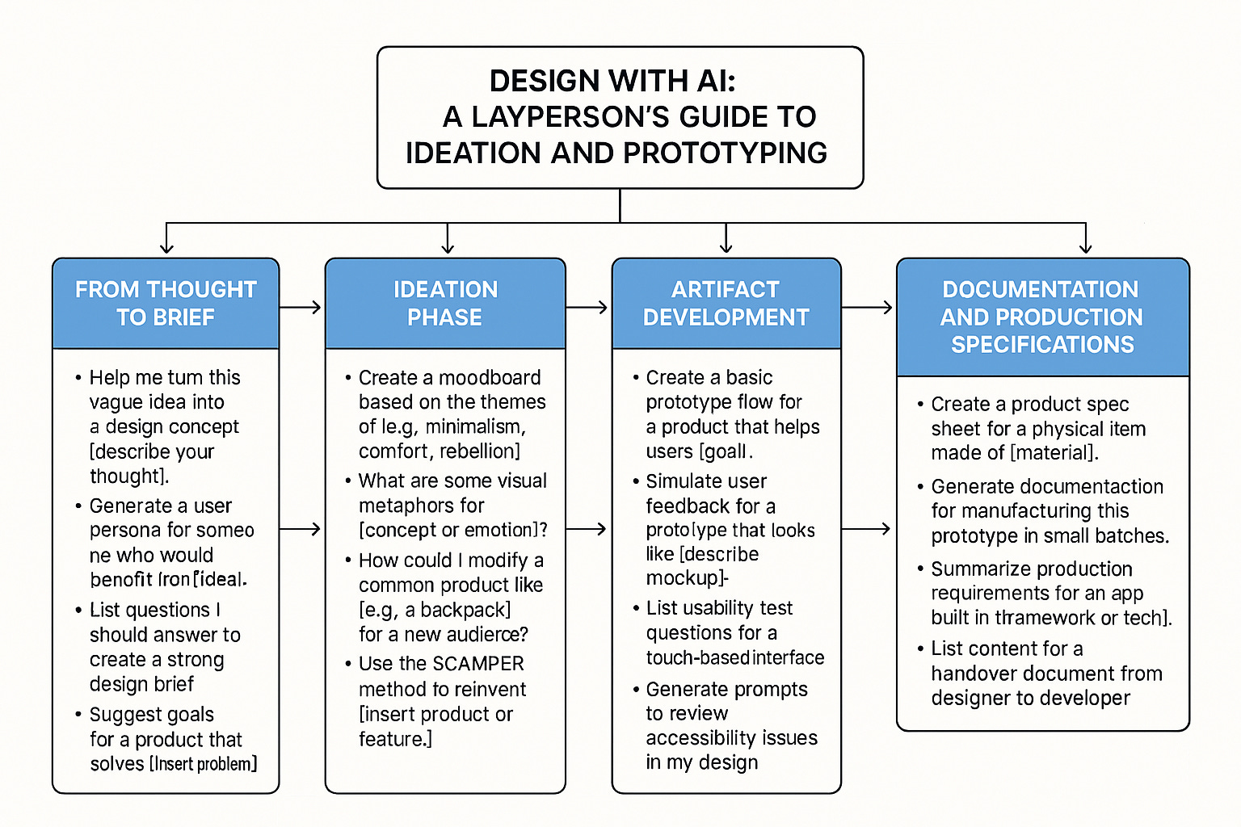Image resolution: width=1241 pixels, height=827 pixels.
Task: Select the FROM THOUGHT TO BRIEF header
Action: tap(166, 303)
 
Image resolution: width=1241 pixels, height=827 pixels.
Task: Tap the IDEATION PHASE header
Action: tap(445, 303)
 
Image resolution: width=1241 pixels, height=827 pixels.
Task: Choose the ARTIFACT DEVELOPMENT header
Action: tap(726, 303)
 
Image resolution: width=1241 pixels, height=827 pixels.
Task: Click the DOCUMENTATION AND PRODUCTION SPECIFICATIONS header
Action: tap(1042, 317)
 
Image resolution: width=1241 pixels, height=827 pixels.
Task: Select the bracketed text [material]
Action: tap(1054, 452)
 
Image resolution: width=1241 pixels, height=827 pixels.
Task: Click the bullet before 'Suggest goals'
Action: tap(78, 715)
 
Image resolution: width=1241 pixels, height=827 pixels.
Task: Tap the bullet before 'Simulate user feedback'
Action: tap(636, 482)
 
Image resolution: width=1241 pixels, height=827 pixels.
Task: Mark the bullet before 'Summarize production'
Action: tap(921, 569)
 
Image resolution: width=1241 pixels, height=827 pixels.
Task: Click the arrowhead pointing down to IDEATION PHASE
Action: tap(448, 248)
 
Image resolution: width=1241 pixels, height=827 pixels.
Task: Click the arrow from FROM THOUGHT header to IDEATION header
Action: tap(301, 307)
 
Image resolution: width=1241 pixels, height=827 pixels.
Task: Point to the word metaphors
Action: tap(421, 506)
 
